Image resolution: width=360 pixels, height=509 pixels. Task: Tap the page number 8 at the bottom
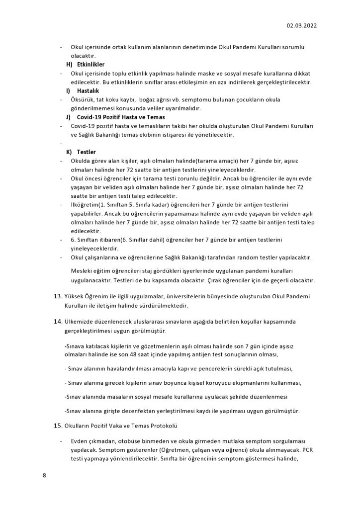click(44, 476)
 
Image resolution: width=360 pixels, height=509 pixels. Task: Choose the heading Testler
click(87, 152)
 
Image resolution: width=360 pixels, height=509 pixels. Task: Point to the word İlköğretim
click(84, 205)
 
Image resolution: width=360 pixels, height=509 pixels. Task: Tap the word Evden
click(80, 441)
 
